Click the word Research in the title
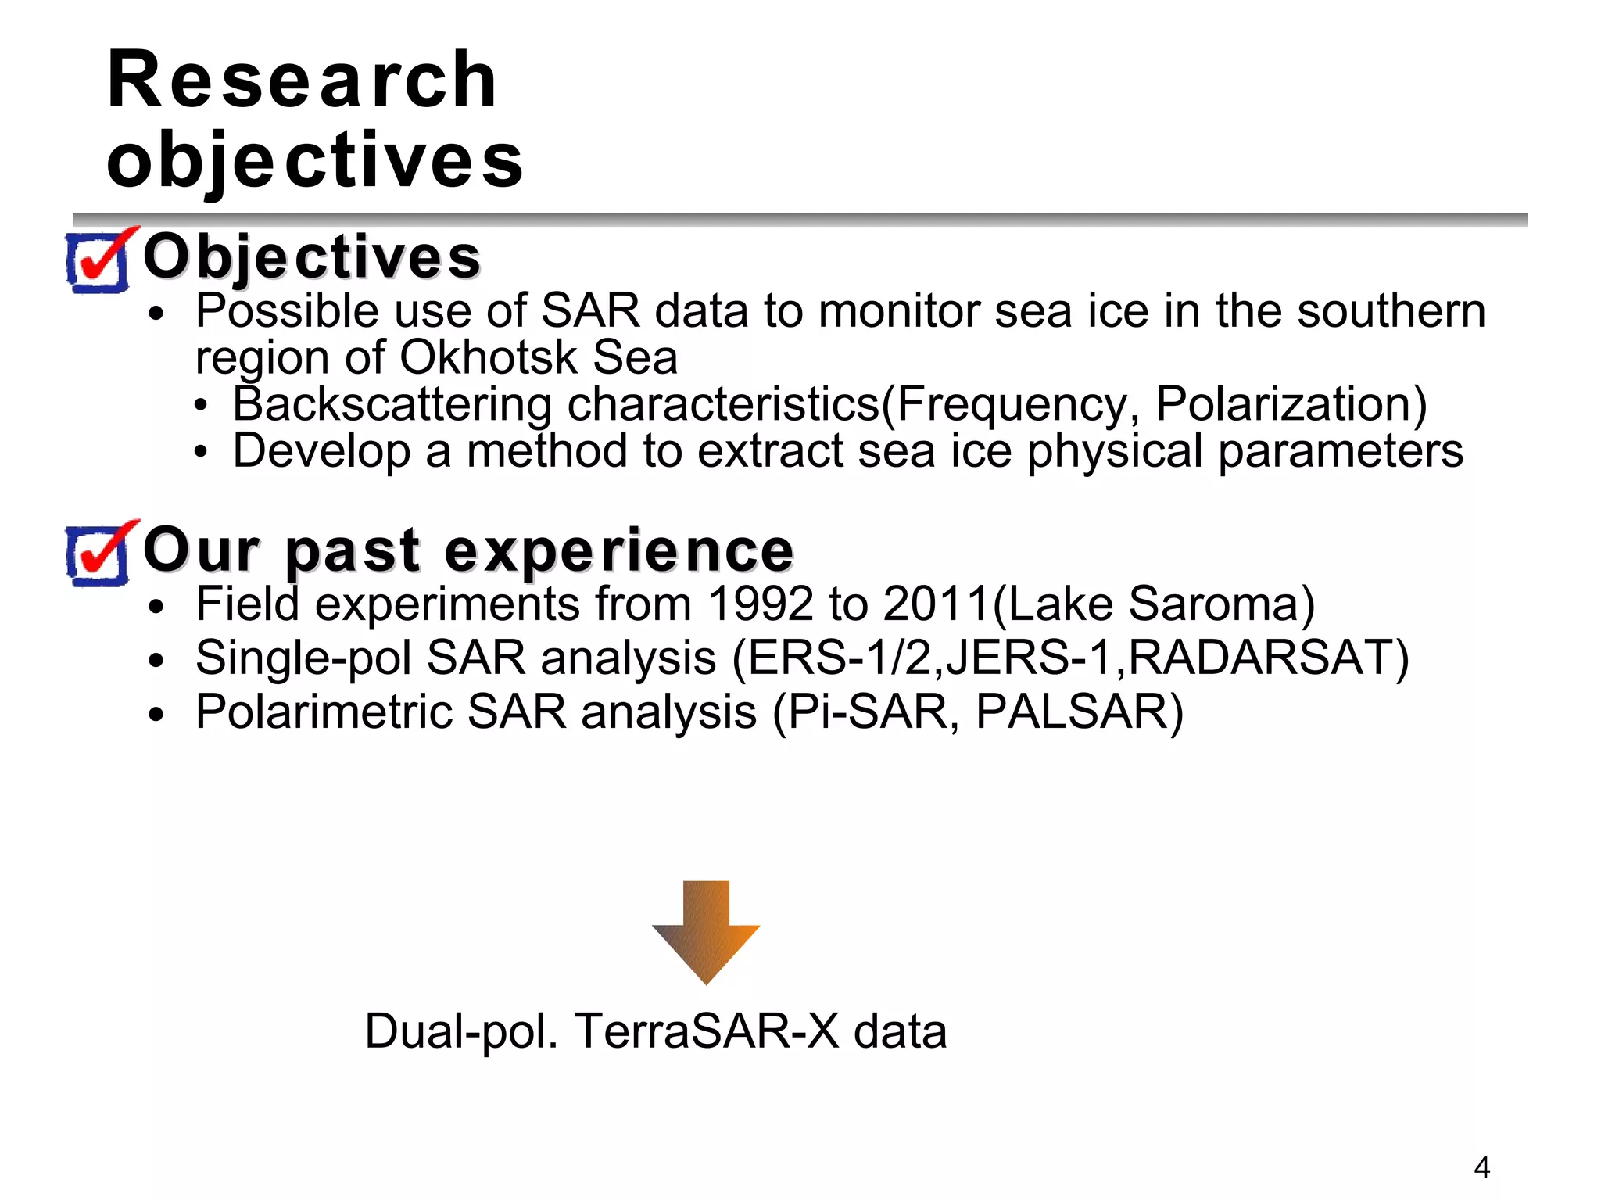(x=302, y=80)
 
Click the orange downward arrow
(x=706, y=930)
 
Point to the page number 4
(x=1481, y=1167)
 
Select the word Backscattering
(x=392, y=405)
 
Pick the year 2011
(x=937, y=604)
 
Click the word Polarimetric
(x=324, y=712)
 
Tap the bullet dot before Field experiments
(x=157, y=608)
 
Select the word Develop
(x=321, y=453)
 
